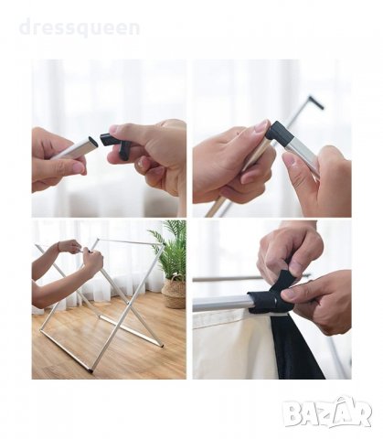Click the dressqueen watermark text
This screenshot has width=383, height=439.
click(x=80, y=28)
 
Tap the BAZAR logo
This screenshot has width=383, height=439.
click(x=326, y=412)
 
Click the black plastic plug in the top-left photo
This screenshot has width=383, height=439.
click(x=115, y=145)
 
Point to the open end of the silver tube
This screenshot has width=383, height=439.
click(x=93, y=142)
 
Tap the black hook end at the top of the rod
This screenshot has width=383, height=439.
click(x=316, y=102)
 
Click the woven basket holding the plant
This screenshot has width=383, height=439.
click(x=174, y=292)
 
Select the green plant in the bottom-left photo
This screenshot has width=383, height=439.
click(x=171, y=249)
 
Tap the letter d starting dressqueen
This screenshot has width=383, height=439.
click(x=26, y=27)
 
